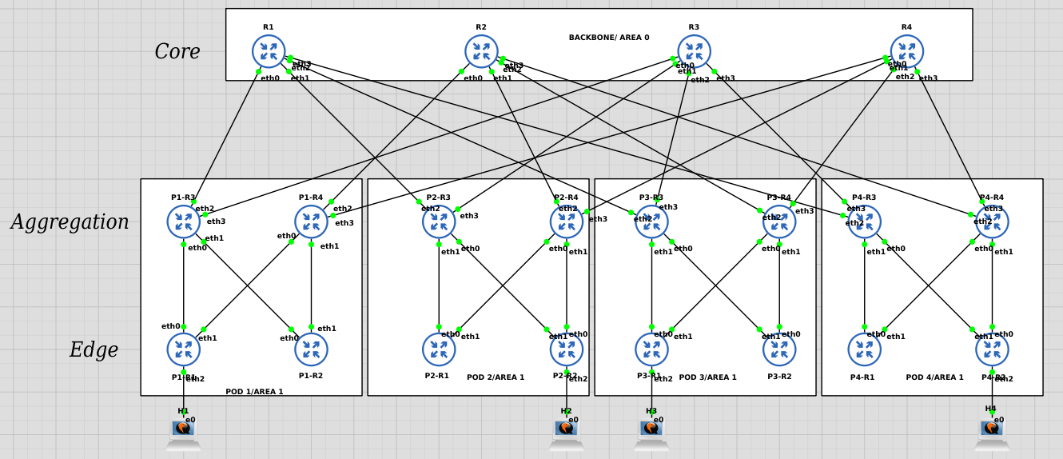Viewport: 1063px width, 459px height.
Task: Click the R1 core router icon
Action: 269,51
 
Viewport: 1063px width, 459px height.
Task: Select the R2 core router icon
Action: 481,51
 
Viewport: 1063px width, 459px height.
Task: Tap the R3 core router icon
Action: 694,51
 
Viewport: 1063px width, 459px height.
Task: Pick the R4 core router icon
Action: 906,51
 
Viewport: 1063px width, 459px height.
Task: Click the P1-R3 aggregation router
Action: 183,222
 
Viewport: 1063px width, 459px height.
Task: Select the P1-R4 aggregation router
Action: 311,222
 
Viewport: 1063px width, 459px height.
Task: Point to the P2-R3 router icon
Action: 439,222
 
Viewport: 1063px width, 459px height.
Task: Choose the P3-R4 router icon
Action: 779,222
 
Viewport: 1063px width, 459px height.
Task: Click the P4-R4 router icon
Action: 992,222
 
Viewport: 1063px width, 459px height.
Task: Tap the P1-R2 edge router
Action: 311,349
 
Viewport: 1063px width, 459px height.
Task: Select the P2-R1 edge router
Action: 439,349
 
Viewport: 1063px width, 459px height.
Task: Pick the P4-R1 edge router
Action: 864,349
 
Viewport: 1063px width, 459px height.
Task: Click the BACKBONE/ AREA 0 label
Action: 609,38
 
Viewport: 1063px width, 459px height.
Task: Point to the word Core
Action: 177,52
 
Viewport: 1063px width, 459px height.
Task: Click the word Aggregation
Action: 70,222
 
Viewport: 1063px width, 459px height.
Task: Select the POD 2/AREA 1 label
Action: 496,377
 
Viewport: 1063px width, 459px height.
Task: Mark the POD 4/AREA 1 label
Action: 934,377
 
